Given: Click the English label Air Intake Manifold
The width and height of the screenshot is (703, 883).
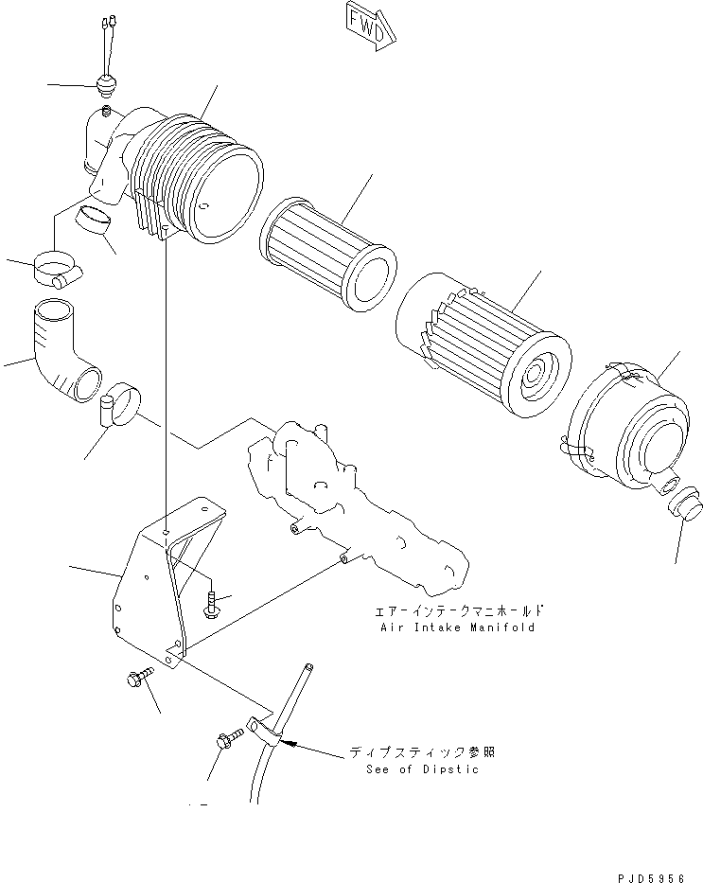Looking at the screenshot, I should coord(458,627).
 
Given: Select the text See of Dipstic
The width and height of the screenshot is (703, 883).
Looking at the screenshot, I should coord(422,768).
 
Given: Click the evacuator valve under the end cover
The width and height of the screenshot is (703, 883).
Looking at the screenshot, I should coord(687,505).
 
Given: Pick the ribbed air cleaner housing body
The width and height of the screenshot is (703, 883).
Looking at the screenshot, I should coord(194,180).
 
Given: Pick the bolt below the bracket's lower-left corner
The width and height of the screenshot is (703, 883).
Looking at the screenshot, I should coord(138,680).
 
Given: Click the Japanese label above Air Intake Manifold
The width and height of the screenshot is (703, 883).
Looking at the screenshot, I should coord(458,611).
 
